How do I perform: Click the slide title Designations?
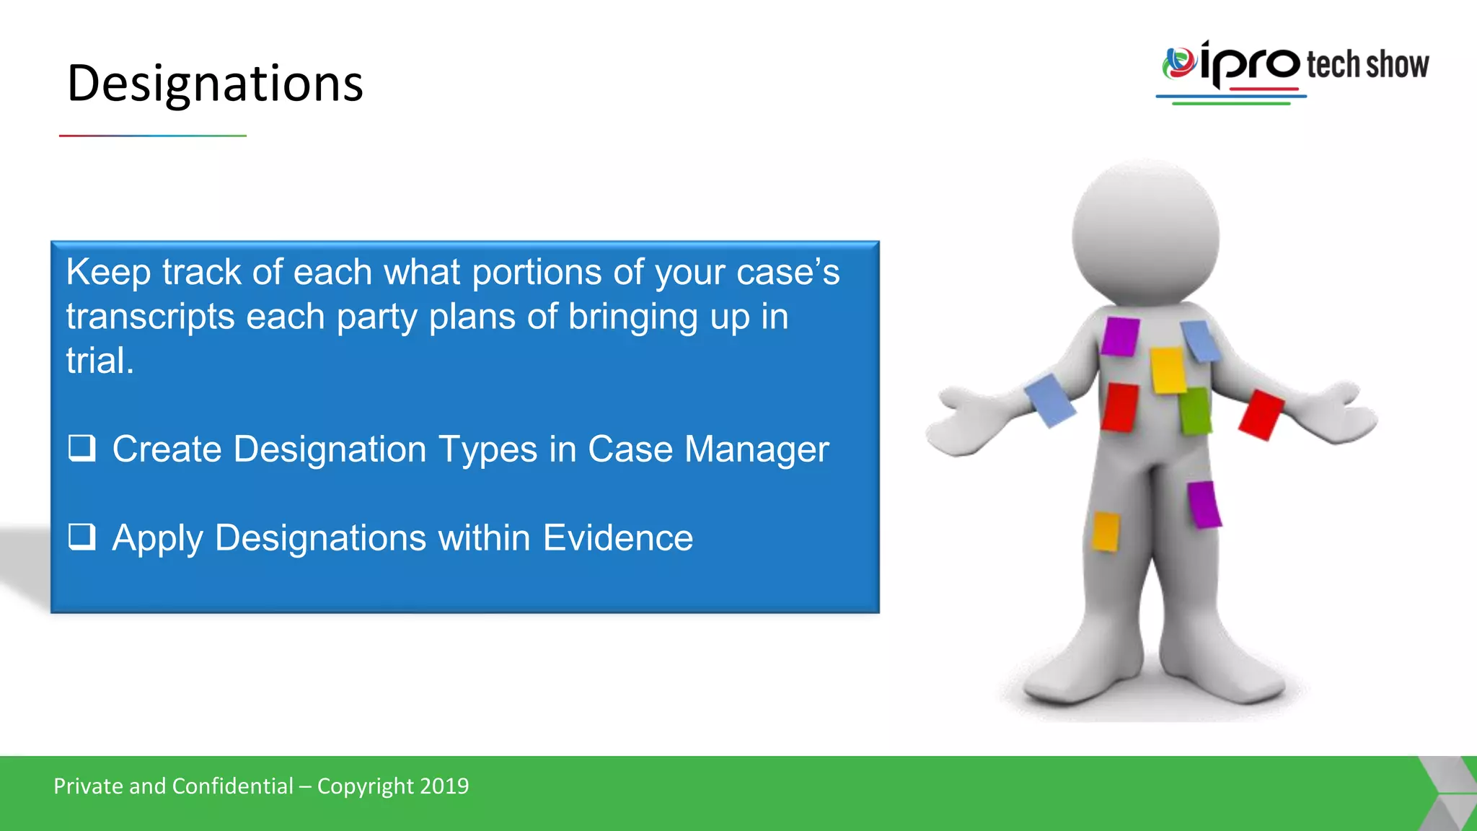click(x=215, y=84)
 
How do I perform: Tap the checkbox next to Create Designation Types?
click(x=81, y=448)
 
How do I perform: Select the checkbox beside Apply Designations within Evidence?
click(x=81, y=537)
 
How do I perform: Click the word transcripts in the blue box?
click(x=150, y=317)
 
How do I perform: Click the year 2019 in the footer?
click(x=444, y=786)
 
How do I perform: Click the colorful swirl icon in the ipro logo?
click(x=1178, y=63)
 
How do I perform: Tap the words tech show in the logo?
click(x=1367, y=65)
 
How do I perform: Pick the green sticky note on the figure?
click(x=1195, y=411)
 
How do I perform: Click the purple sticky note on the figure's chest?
click(x=1120, y=336)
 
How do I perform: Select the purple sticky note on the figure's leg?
click(x=1203, y=504)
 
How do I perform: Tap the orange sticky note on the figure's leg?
click(x=1106, y=531)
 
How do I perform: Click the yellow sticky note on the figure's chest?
click(x=1168, y=371)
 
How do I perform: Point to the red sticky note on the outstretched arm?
click(x=1261, y=415)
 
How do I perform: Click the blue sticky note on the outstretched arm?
click(x=1050, y=400)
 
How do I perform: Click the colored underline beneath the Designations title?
click(x=153, y=136)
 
